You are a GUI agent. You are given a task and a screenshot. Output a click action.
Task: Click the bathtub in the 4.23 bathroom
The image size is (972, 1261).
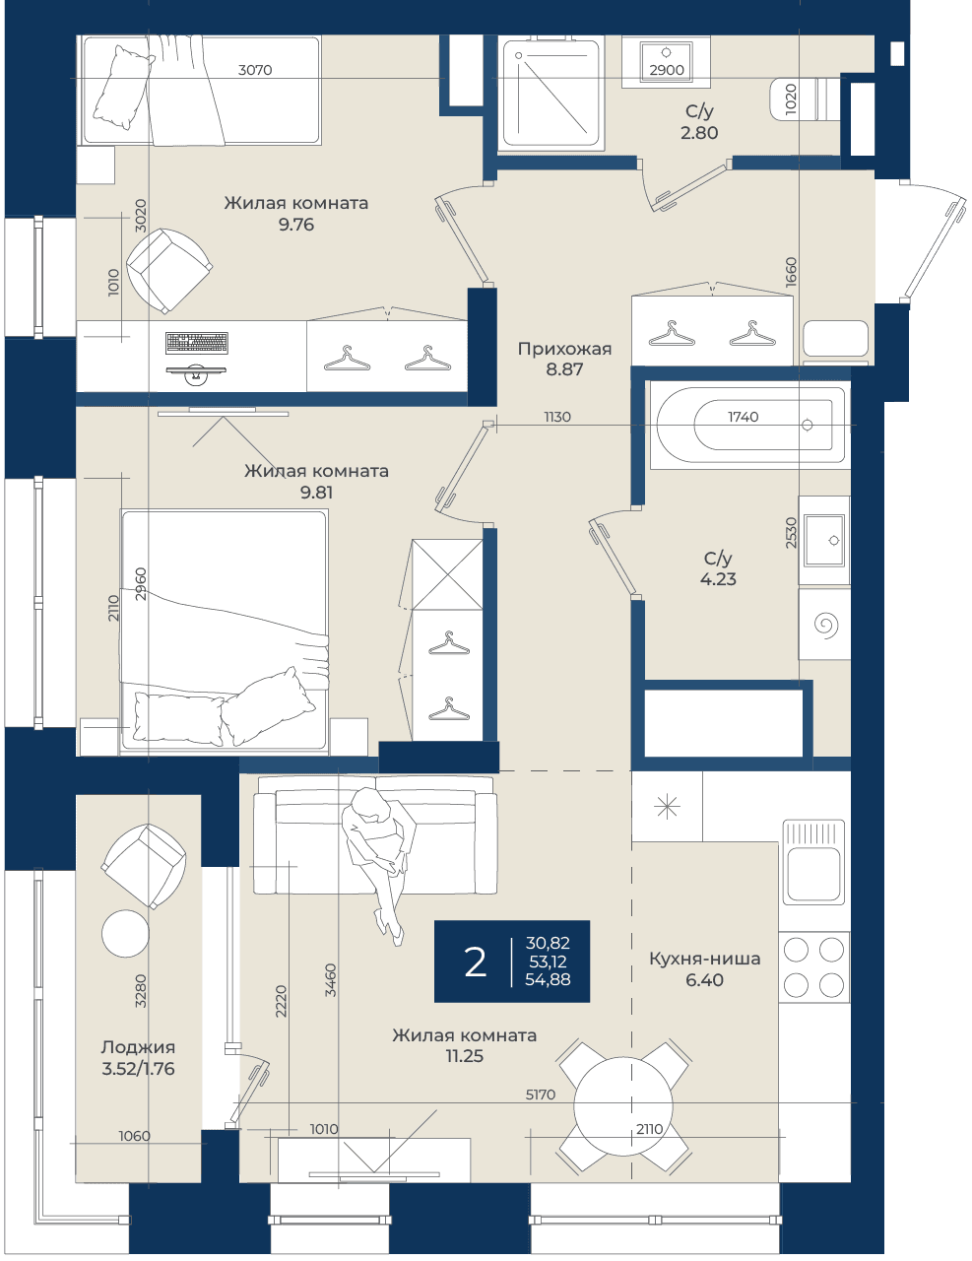coord(747,425)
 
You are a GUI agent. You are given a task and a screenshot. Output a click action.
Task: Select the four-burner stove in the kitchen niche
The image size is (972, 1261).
coord(813,967)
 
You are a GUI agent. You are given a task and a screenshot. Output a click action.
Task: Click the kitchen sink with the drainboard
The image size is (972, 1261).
coord(813,862)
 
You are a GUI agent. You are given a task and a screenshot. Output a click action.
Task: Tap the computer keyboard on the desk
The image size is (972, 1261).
coord(197,343)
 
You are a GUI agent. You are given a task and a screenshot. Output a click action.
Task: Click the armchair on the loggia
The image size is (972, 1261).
coord(144,866)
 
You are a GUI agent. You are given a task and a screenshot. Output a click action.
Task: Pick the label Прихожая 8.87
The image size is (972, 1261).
coord(564,359)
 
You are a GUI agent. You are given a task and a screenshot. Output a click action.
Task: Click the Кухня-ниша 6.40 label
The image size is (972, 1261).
coord(705,969)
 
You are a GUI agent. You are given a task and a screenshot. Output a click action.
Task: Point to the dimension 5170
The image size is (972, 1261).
coord(541,1095)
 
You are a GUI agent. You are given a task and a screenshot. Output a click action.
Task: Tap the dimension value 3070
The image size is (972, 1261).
coord(255,70)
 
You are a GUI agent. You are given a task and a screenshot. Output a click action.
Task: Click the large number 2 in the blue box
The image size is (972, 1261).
coord(475,962)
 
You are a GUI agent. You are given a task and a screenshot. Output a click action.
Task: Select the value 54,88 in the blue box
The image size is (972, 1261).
coord(549,980)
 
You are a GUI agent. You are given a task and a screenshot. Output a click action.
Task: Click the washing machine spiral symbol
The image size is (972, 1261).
coord(826,625)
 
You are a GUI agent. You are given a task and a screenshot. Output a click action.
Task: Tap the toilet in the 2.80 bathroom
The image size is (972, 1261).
coord(805,100)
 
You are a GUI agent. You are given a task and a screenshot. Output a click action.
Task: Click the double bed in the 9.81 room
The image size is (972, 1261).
coord(224,631)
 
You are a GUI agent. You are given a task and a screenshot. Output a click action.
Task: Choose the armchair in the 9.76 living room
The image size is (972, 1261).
coord(168,271)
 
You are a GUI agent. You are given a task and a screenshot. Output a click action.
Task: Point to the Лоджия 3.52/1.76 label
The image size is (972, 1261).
coord(138,1057)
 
